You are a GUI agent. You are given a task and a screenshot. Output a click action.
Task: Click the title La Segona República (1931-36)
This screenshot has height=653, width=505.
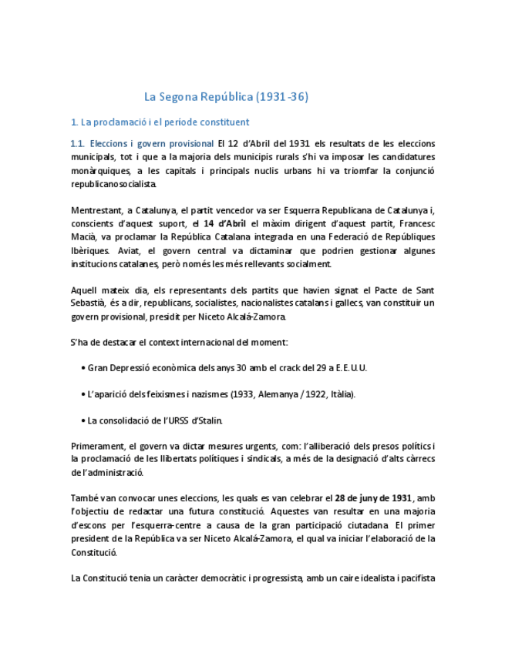227,97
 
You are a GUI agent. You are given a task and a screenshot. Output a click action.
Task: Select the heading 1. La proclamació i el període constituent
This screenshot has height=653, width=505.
160,122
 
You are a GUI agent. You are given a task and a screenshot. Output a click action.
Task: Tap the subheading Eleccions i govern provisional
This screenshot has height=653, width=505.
151,143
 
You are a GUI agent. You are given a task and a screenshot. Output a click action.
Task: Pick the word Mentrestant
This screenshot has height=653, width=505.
99,210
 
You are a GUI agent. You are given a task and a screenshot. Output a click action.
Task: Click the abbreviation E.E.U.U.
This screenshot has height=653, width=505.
351,368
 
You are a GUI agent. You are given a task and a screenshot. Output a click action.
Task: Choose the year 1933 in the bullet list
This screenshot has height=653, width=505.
244,394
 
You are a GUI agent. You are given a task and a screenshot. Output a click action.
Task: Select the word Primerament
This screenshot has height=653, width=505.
99,447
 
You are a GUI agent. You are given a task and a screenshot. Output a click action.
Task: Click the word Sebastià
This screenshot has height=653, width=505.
89,303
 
